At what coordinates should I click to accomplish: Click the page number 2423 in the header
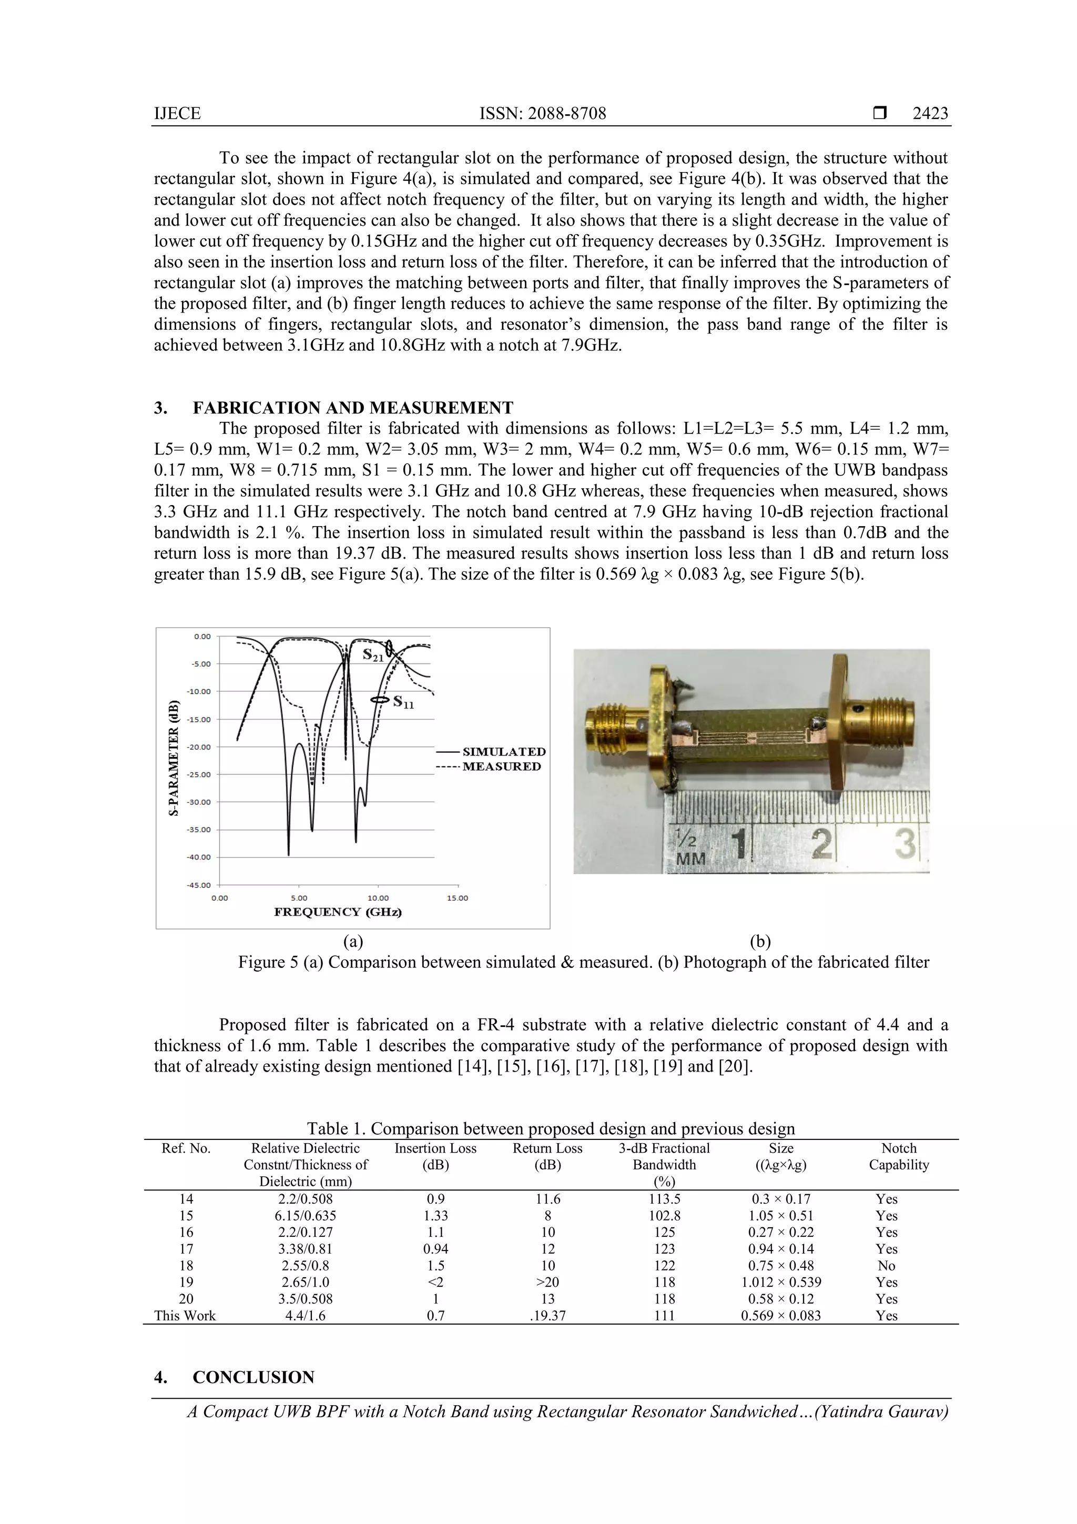pyautogui.click(x=930, y=114)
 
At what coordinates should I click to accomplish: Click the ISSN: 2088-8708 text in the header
pyautogui.click(x=542, y=114)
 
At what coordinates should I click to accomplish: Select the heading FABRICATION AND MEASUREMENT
pyautogui.click(x=352, y=408)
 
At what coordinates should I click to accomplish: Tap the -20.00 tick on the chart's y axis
pyautogui.click(x=198, y=746)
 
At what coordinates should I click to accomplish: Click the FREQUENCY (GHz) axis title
pyautogui.click(x=338, y=912)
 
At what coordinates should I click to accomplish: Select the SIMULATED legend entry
pyautogui.click(x=504, y=751)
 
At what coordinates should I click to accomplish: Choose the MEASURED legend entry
pyautogui.click(x=501, y=766)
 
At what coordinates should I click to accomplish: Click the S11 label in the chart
pyautogui.click(x=403, y=702)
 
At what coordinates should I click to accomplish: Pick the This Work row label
pyautogui.click(x=185, y=1316)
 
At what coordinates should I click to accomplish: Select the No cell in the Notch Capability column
pyautogui.click(x=886, y=1266)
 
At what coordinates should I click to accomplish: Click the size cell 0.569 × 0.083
pyautogui.click(x=780, y=1316)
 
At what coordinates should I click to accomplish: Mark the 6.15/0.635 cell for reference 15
pyautogui.click(x=305, y=1216)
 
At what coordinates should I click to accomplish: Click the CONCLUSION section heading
pyautogui.click(x=253, y=1377)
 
